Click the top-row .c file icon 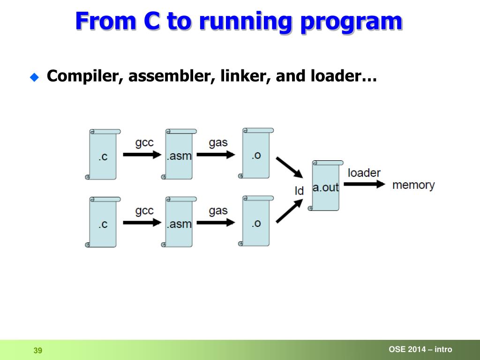103,155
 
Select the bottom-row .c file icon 103,222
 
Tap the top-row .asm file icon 180,155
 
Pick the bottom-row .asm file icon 180,222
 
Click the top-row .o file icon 256,153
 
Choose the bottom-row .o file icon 256,221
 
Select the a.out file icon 326,186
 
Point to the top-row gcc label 144,142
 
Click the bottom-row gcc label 144,210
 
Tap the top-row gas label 218,142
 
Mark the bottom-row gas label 218,210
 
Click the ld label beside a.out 299,191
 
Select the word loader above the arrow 364,173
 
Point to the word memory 413,185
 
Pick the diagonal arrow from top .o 289,167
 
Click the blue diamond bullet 34,77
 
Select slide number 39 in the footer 38,351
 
